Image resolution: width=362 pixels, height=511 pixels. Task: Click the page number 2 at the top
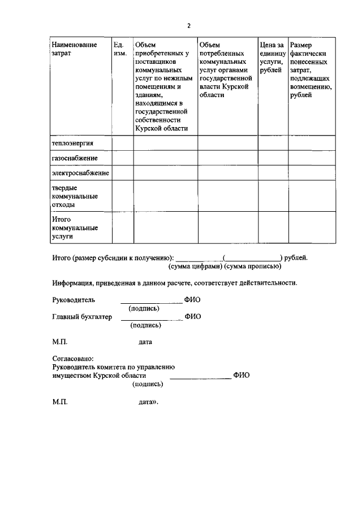(189, 25)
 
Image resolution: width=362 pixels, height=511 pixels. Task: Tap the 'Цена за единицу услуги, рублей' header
(272, 57)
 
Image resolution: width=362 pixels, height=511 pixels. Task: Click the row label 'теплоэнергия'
(72, 143)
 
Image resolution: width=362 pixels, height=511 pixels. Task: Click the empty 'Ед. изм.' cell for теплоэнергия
(122, 143)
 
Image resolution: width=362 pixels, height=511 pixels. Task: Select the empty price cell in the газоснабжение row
(272, 158)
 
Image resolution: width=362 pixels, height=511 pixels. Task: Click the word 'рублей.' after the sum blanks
(296, 258)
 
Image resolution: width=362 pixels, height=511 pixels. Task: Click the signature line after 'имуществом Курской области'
(200, 377)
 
